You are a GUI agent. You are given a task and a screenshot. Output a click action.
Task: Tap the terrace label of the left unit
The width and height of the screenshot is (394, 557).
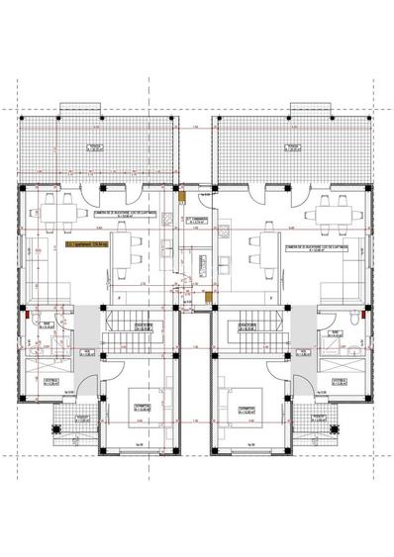95,149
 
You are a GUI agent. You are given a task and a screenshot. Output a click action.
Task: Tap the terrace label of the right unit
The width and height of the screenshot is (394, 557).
293,149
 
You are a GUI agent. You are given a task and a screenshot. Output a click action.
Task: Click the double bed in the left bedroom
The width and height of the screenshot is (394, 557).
137,406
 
